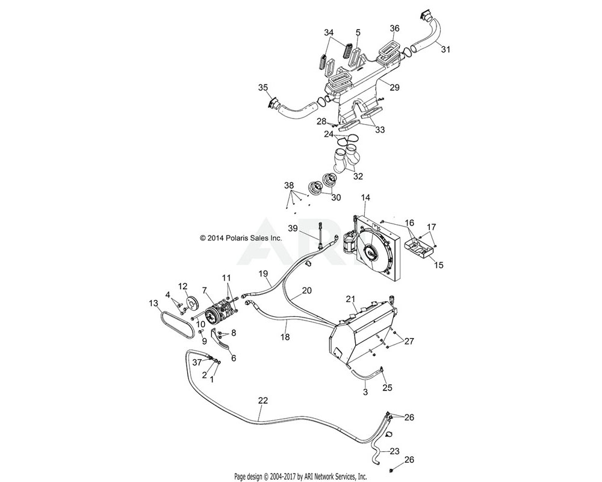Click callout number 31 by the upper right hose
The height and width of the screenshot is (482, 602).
point(445,49)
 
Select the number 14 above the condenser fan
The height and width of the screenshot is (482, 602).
point(366,198)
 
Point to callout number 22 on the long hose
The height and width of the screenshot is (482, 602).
point(262,400)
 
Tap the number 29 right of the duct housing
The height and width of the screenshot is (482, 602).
point(394,87)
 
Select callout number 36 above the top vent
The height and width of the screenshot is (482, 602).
point(394,28)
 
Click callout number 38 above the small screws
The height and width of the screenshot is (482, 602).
point(289,186)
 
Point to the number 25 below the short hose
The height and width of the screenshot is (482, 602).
point(386,387)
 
